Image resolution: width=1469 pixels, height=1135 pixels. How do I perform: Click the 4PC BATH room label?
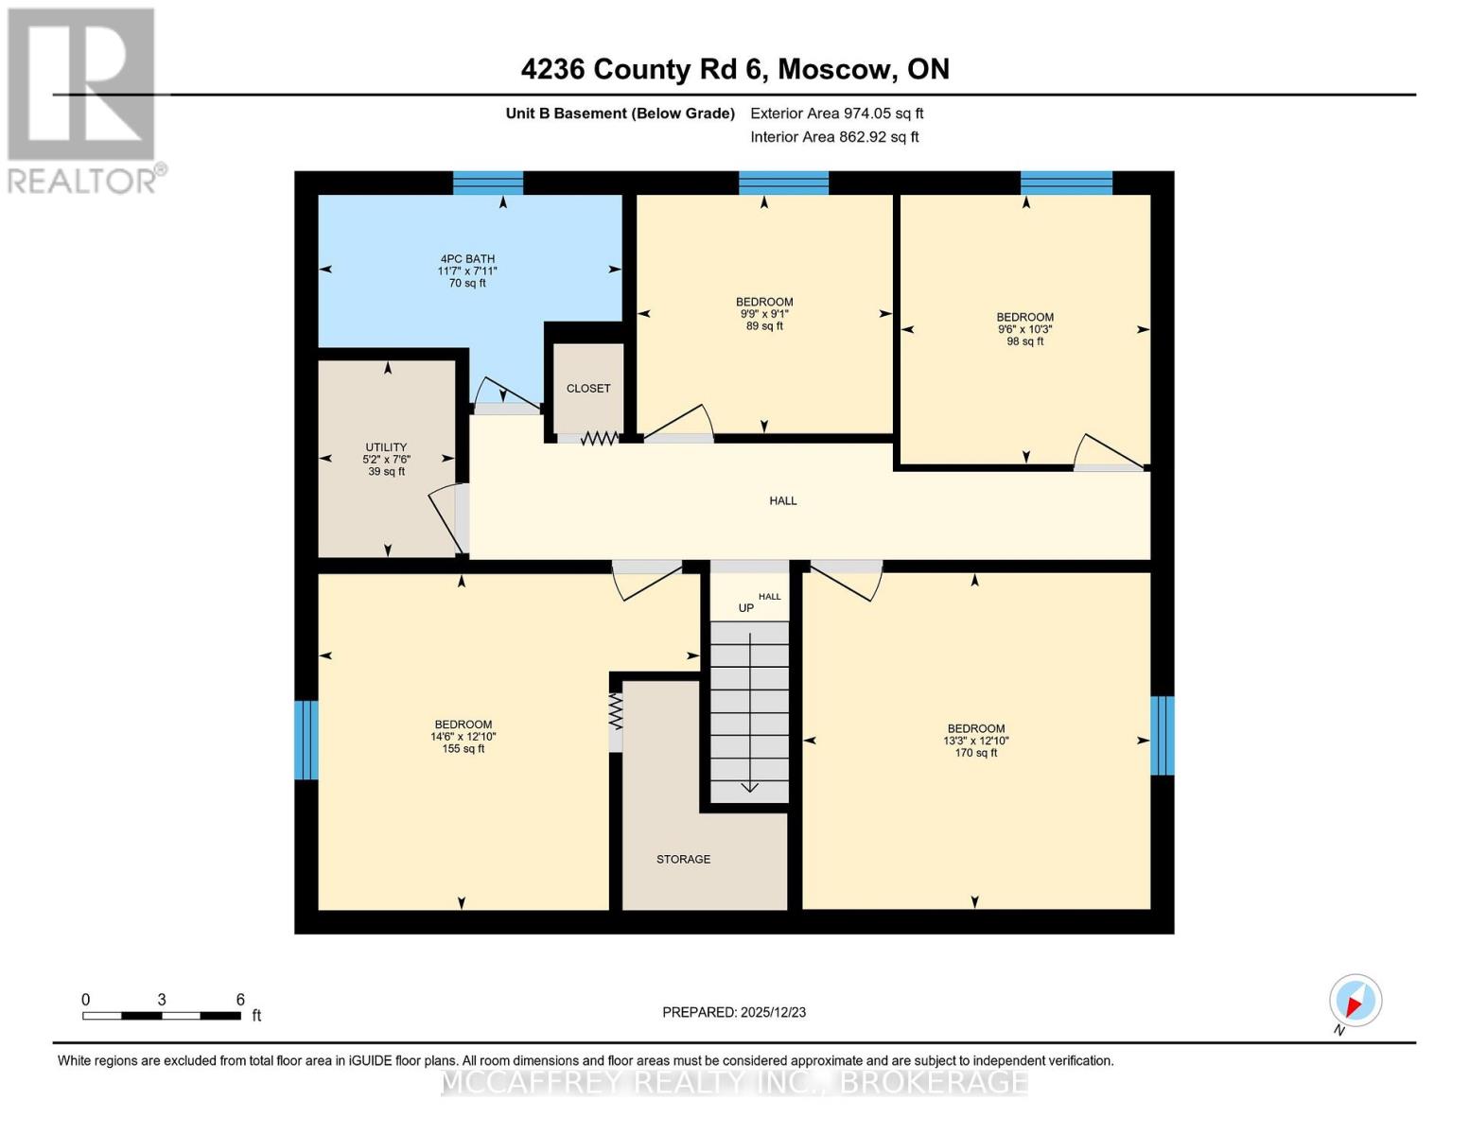tap(467, 271)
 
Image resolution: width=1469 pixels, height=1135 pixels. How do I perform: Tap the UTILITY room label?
tap(386, 459)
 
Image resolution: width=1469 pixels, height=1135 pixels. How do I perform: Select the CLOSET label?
tap(588, 389)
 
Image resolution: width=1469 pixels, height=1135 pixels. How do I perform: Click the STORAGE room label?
tap(683, 860)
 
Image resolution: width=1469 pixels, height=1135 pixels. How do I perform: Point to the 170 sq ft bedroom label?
tap(975, 741)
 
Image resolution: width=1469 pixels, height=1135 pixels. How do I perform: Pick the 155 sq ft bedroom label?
tap(463, 737)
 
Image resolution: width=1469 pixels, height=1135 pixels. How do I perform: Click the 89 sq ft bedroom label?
tap(764, 314)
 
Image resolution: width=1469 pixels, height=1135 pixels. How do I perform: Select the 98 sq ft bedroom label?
tap(1024, 329)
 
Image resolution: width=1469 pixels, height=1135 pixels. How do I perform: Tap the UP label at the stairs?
tap(746, 608)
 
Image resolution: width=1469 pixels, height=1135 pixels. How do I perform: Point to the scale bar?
tap(161, 1016)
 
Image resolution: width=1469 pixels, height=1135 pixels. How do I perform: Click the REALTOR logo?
tap(83, 99)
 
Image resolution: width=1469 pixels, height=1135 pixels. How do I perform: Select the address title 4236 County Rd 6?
tap(735, 69)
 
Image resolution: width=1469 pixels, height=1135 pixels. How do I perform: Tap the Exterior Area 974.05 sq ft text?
tap(836, 113)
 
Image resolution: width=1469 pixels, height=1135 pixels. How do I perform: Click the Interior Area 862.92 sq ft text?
tap(834, 137)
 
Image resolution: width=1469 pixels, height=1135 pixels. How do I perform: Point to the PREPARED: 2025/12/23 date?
tap(734, 1012)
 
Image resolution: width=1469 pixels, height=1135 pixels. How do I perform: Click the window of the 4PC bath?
tap(488, 183)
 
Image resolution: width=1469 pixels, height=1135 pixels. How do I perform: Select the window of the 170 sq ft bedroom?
tap(1163, 736)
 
